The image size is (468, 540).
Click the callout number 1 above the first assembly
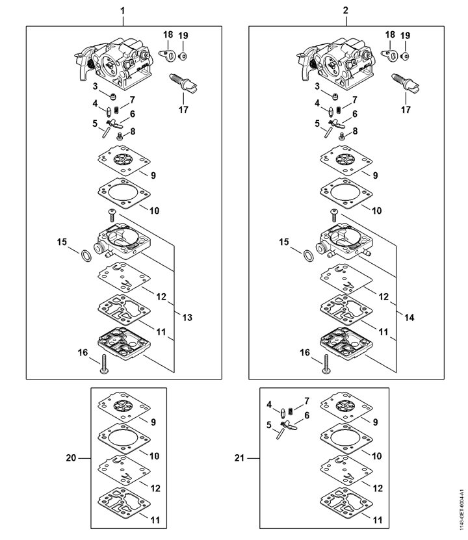tap(123, 11)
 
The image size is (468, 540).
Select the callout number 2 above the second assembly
tap(346, 11)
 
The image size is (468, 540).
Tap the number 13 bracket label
tap(187, 318)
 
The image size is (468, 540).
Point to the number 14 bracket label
tap(410, 318)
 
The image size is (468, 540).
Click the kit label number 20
tap(71, 458)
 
